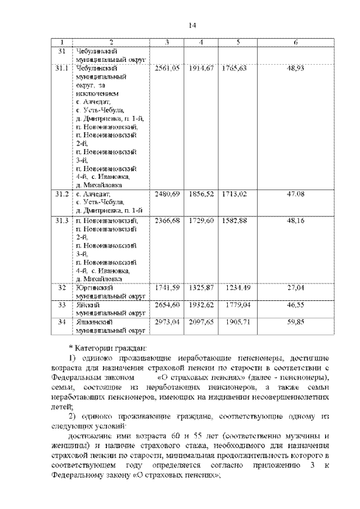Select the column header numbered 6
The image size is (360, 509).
(296, 43)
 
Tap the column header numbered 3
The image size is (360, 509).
(168, 43)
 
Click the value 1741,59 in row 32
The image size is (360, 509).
(168, 288)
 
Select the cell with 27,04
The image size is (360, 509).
(296, 288)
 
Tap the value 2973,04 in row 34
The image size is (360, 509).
(168, 322)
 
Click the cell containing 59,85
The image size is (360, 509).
(296, 322)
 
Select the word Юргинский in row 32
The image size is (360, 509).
(92, 288)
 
